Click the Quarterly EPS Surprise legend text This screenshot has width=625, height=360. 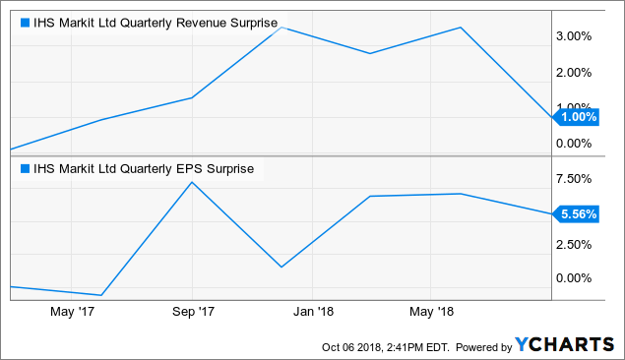[x=143, y=168]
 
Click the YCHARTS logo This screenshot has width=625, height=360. [x=567, y=345]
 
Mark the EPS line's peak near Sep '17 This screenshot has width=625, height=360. [x=192, y=183]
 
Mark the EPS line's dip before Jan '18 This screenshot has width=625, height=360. [x=281, y=267]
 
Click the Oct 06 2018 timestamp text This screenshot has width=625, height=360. [x=378, y=346]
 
